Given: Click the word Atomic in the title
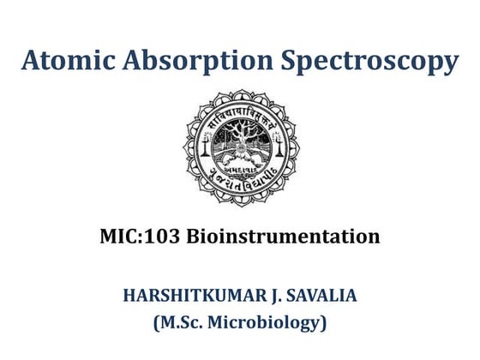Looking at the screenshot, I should point(71,63).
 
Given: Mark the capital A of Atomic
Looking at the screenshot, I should point(32,63).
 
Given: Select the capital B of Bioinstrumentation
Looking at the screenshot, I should point(195,237).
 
